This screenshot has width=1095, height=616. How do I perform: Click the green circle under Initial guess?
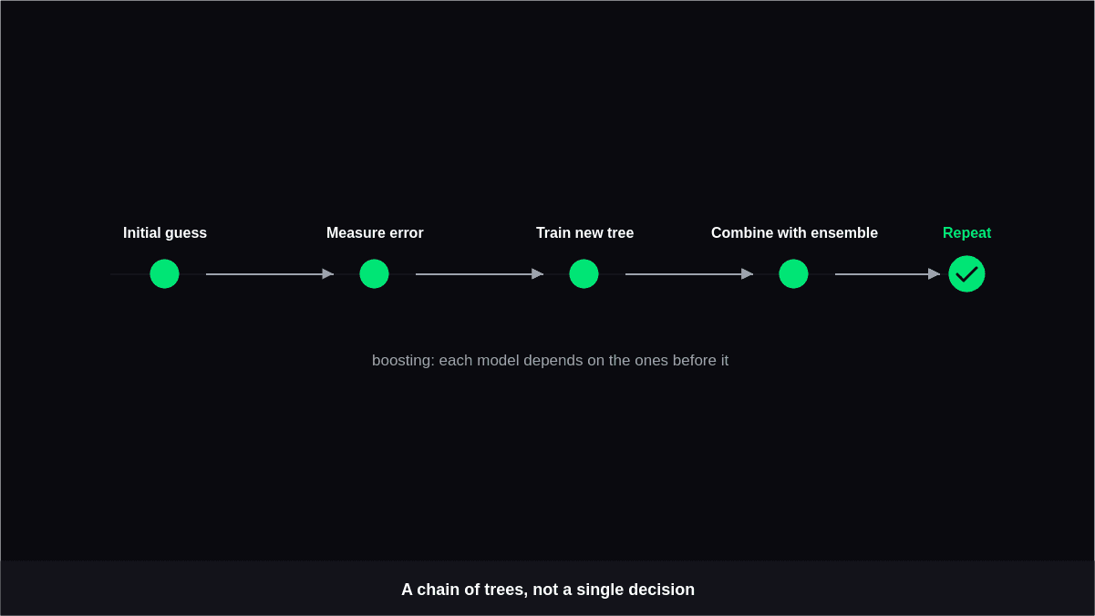(x=164, y=273)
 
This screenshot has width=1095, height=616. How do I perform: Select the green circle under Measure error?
(x=374, y=273)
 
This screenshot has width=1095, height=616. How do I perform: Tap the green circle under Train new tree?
(x=584, y=273)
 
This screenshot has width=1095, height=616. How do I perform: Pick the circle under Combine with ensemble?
(x=793, y=273)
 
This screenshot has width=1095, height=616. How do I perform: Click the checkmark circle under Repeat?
(x=966, y=273)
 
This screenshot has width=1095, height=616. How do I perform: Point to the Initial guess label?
(x=165, y=233)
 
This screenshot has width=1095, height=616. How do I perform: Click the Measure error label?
(x=375, y=233)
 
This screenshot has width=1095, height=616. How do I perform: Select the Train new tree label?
(x=584, y=233)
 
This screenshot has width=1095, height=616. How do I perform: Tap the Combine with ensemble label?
(x=794, y=233)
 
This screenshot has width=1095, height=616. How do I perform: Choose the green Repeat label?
(x=967, y=233)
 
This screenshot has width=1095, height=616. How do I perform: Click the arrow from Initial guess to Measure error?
(x=270, y=274)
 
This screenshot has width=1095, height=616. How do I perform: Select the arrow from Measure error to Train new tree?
(x=480, y=274)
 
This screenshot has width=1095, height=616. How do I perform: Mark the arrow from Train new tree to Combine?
(x=689, y=274)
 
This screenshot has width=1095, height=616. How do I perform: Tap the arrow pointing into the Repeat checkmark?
(x=887, y=274)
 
